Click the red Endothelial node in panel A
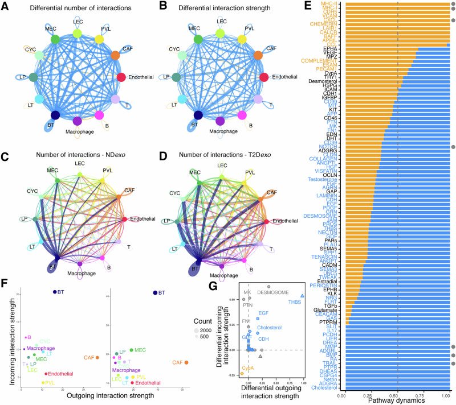coord(121,77)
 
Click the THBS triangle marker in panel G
coord(303,295)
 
